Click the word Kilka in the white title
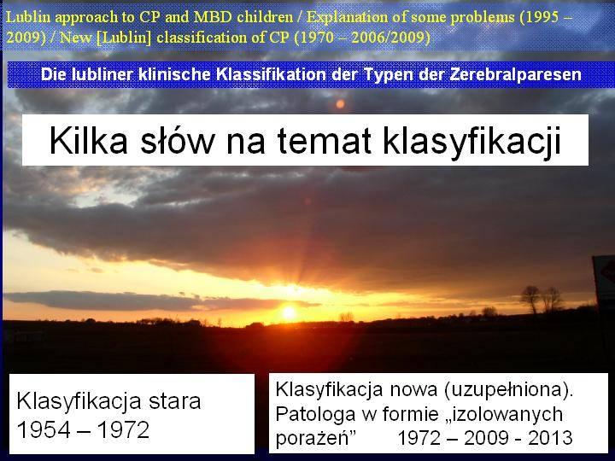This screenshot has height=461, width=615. (x=89, y=140)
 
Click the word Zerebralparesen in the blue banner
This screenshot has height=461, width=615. (x=515, y=74)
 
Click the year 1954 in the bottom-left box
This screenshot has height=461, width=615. (x=44, y=429)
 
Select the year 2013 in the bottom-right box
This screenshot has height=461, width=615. (x=550, y=438)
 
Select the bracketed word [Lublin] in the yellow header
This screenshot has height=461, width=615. (x=124, y=38)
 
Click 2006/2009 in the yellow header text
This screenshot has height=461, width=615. (x=388, y=38)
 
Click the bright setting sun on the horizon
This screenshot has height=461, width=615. (x=289, y=312)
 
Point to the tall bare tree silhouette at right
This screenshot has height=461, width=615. (x=531, y=299)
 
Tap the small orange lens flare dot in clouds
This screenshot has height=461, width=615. (x=340, y=104)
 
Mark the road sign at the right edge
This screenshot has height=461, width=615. (x=604, y=278)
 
